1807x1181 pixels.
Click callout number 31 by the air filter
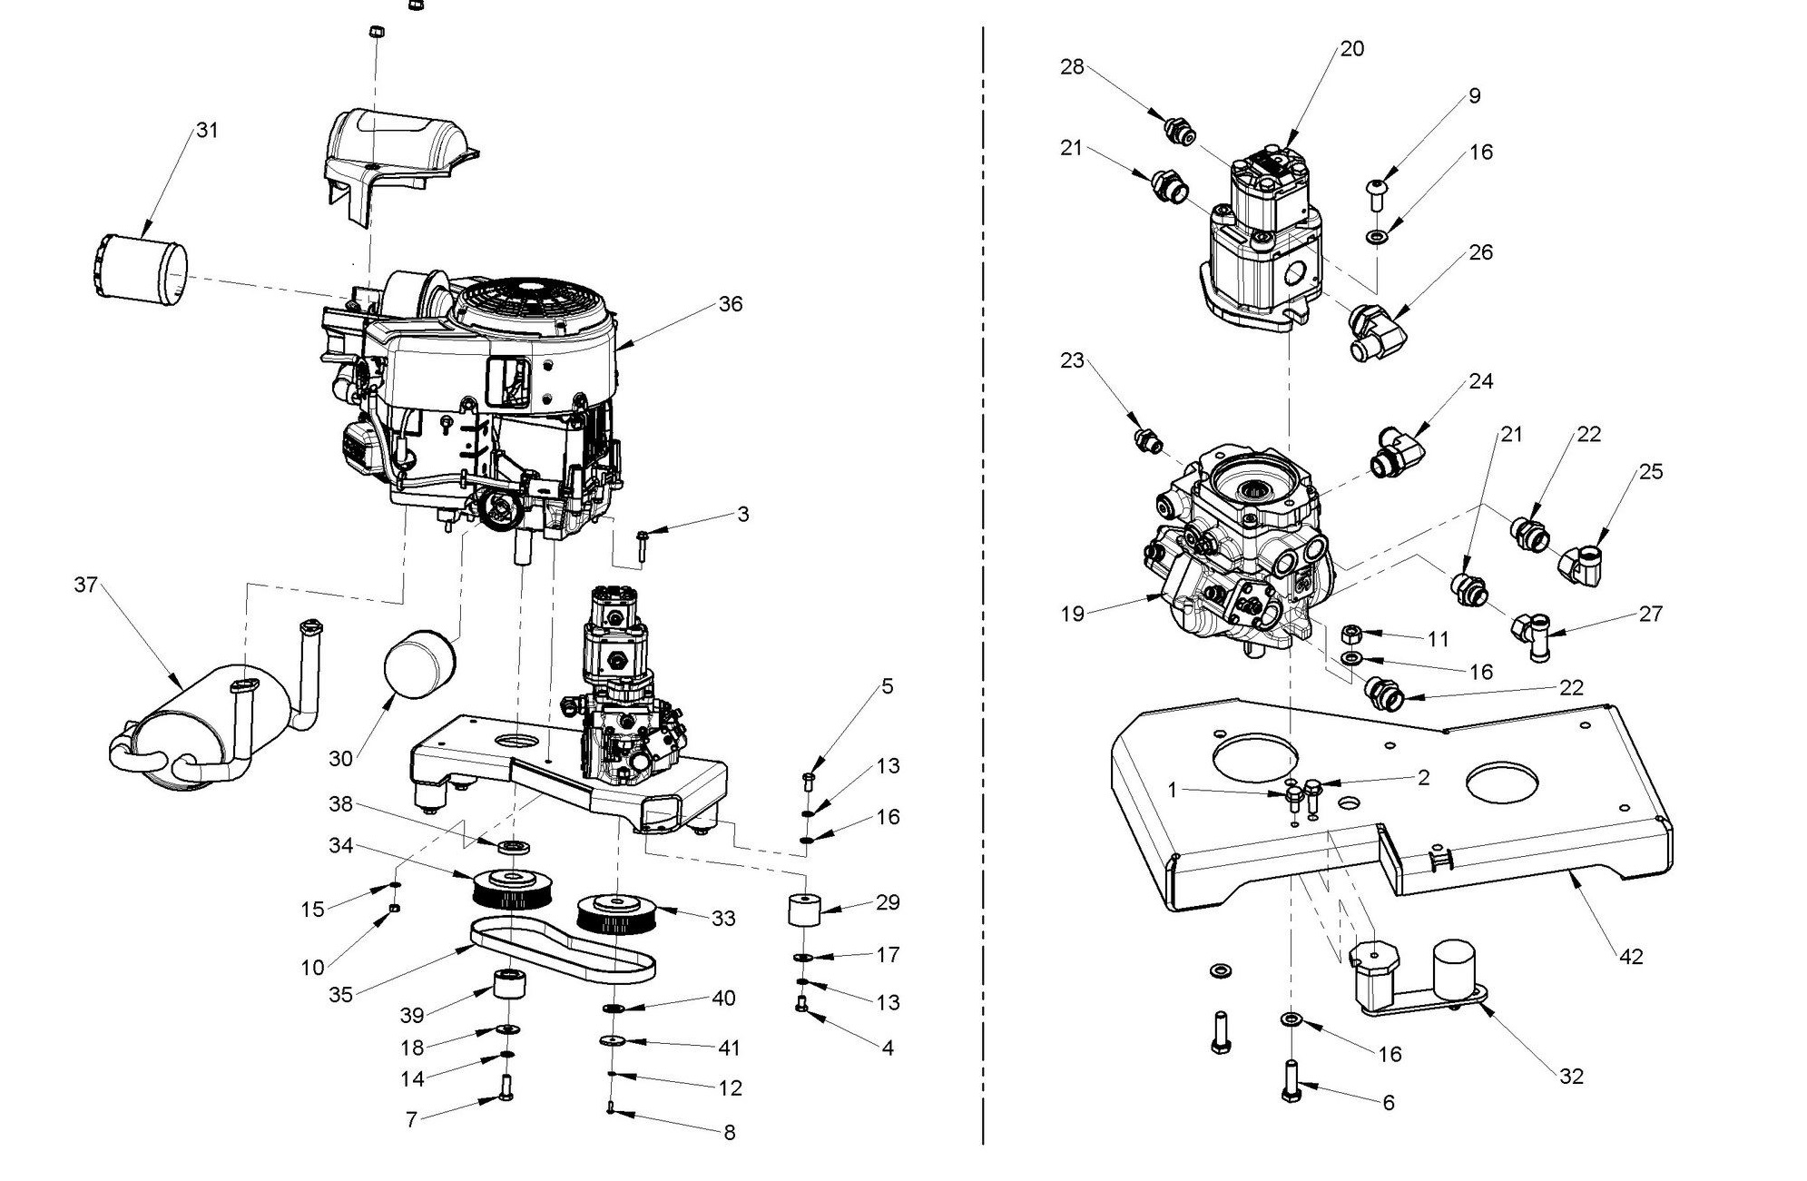[x=207, y=130]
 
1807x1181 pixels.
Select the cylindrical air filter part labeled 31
[x=142, y=269]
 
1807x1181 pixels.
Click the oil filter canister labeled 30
[x=417, y=668]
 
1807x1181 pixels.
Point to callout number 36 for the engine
[x=730, y=304]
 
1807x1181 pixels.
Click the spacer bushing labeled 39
[x=509, y=985]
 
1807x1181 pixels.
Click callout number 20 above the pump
[x=1351, y=48]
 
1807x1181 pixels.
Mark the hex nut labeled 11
[x=1350, y=633]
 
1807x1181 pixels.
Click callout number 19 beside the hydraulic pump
[x=1072, y=614]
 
